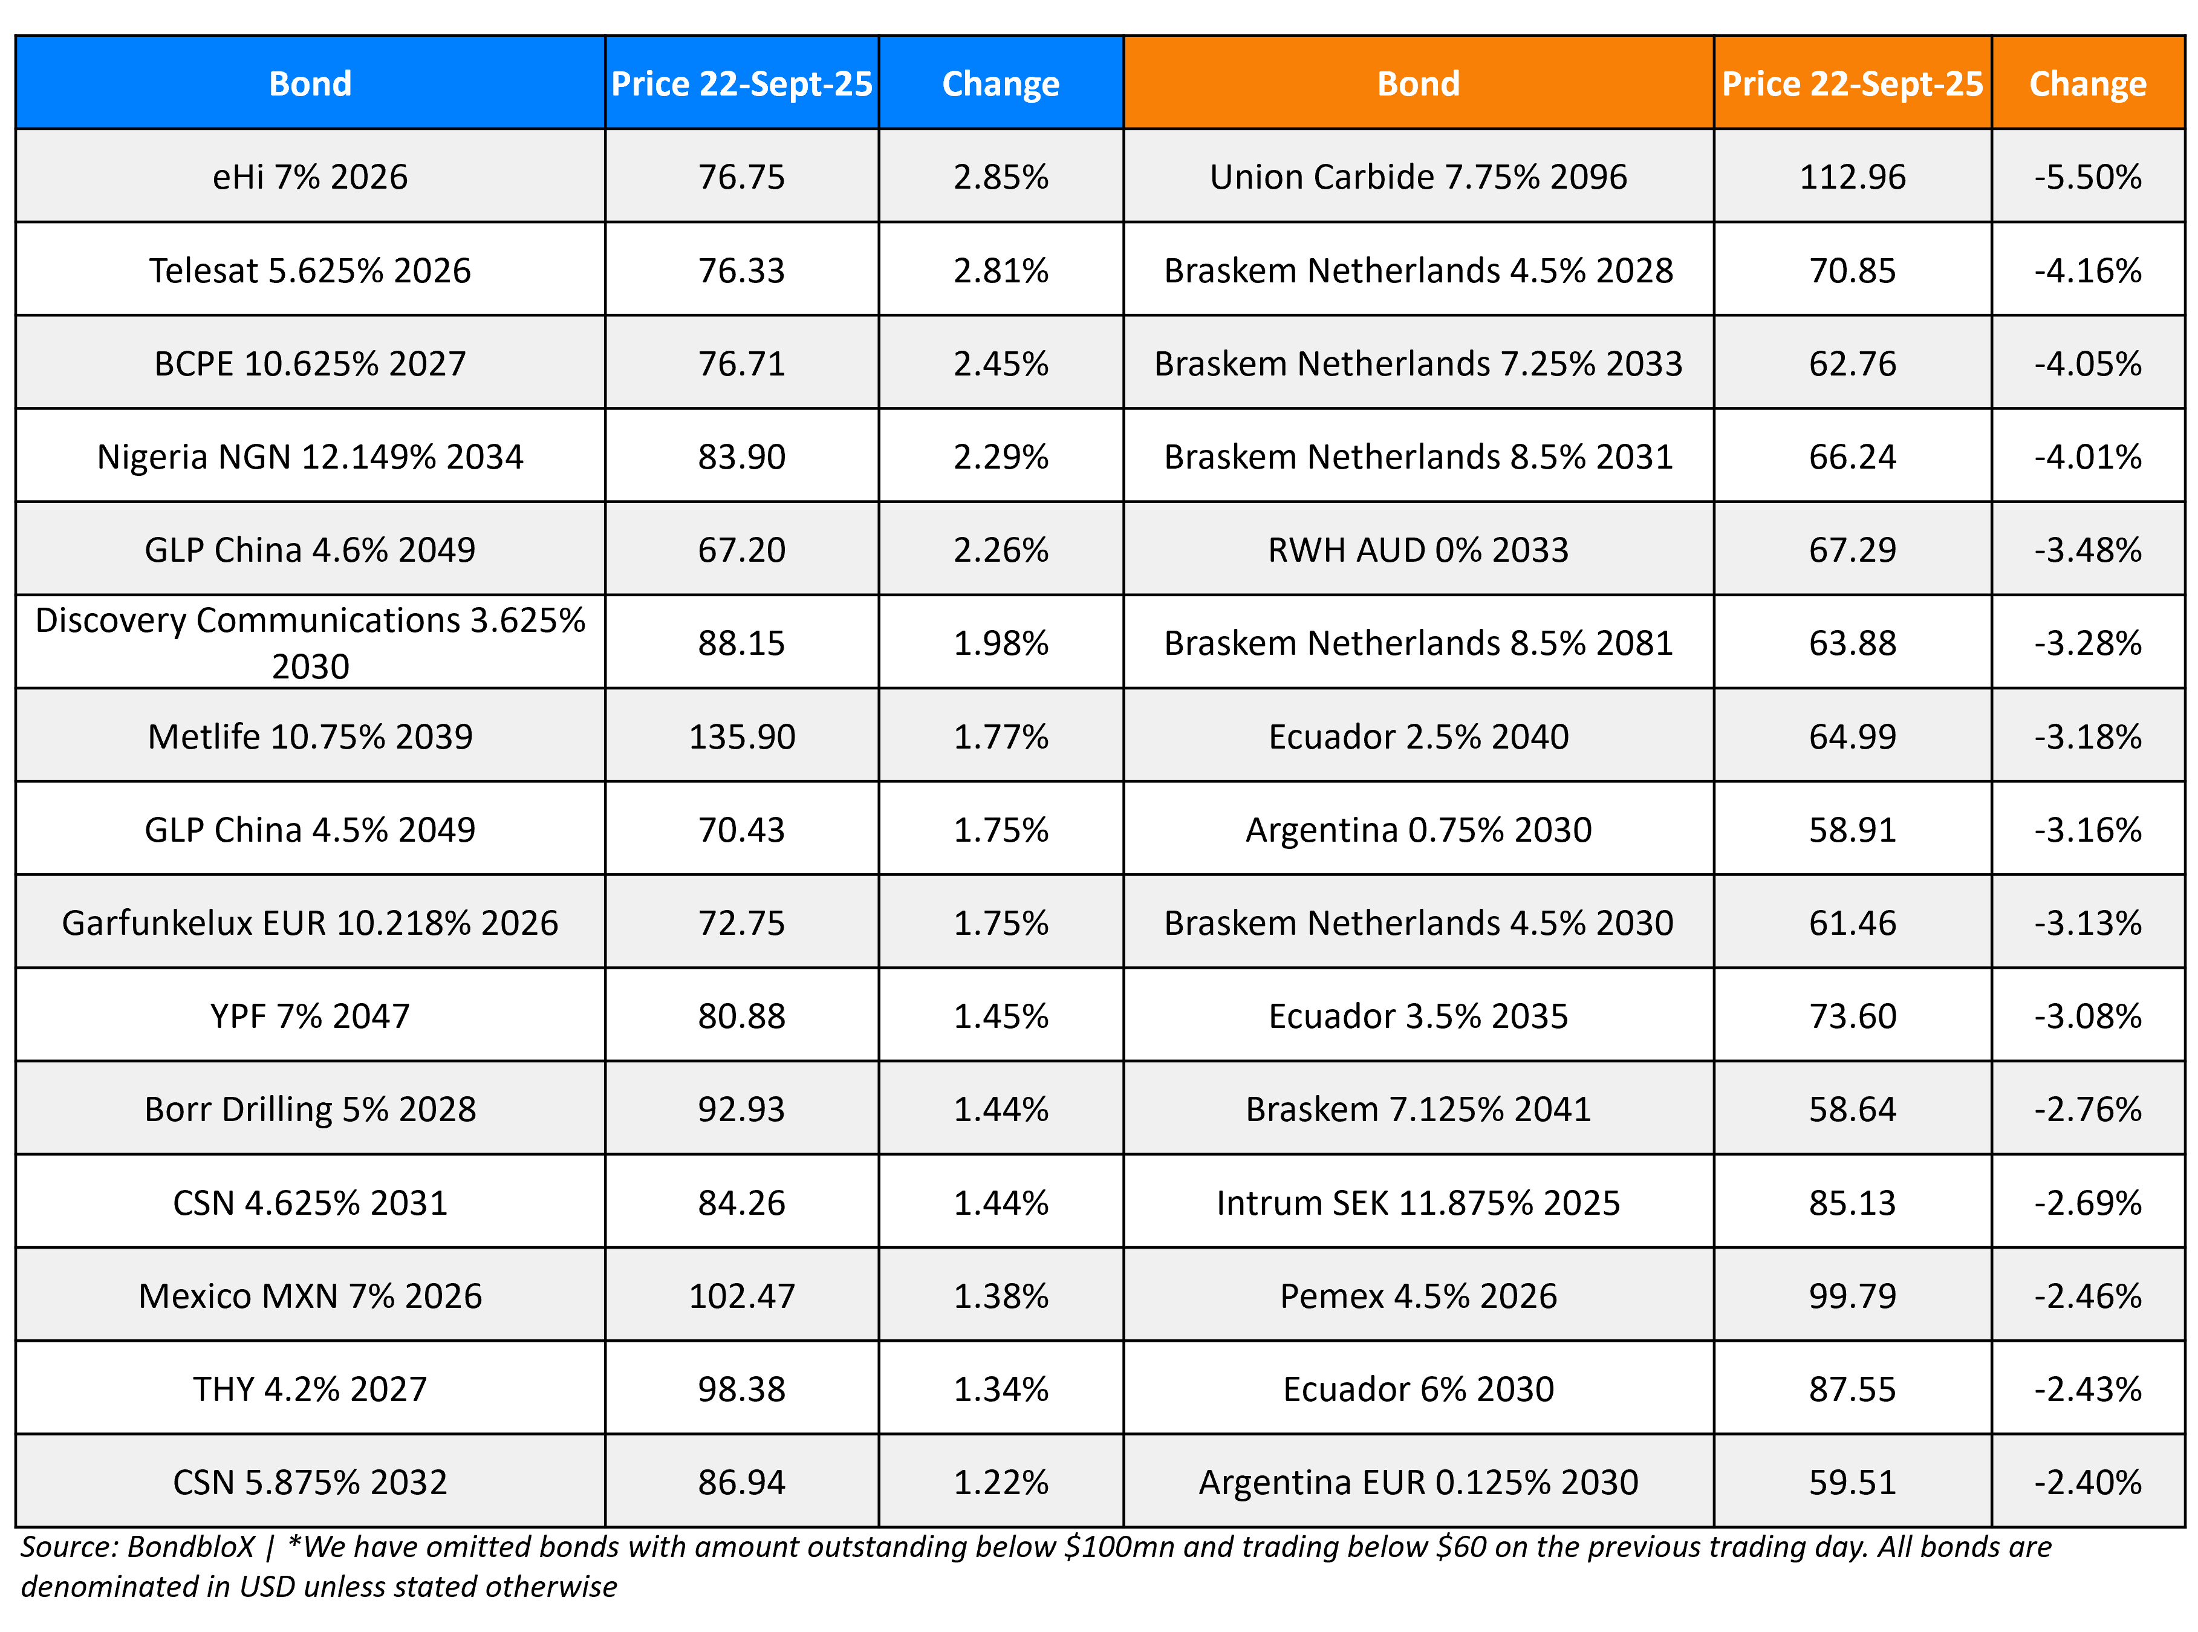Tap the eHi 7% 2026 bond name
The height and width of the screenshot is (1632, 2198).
pos(310,177)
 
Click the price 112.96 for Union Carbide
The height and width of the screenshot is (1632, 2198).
pos(1852,177)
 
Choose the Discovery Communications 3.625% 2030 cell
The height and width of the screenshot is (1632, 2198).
pos(310,643)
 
